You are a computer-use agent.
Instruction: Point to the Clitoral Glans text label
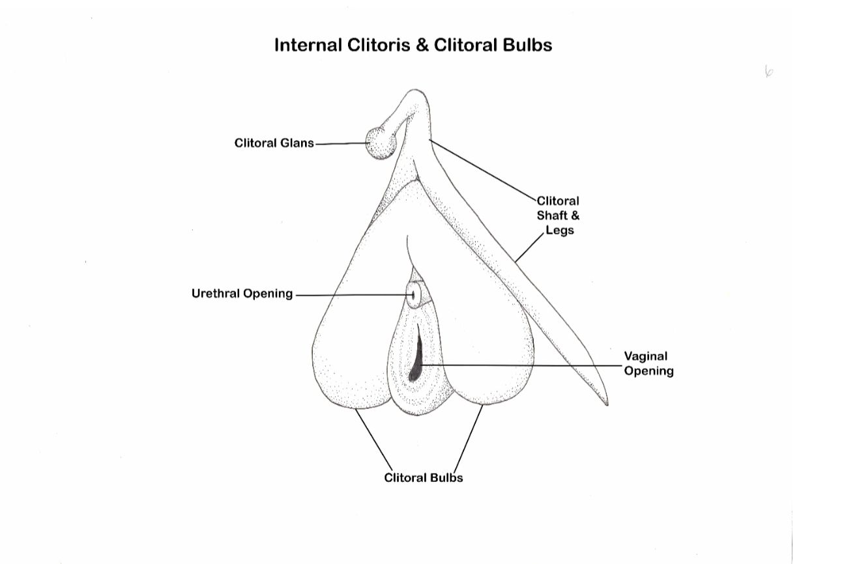point(274,143)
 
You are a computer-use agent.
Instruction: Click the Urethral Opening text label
point(242,294)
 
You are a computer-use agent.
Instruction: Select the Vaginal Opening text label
point(648,363)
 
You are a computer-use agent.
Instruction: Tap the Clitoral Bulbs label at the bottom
point(424,477)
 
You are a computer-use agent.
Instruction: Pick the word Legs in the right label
point(560,230)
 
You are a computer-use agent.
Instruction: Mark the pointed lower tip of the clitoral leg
point(606,403)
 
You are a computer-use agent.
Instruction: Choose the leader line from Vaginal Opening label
point(521,365)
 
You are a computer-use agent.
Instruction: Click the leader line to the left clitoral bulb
point(374,441)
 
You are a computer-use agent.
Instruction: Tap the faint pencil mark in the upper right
point(768,71)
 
